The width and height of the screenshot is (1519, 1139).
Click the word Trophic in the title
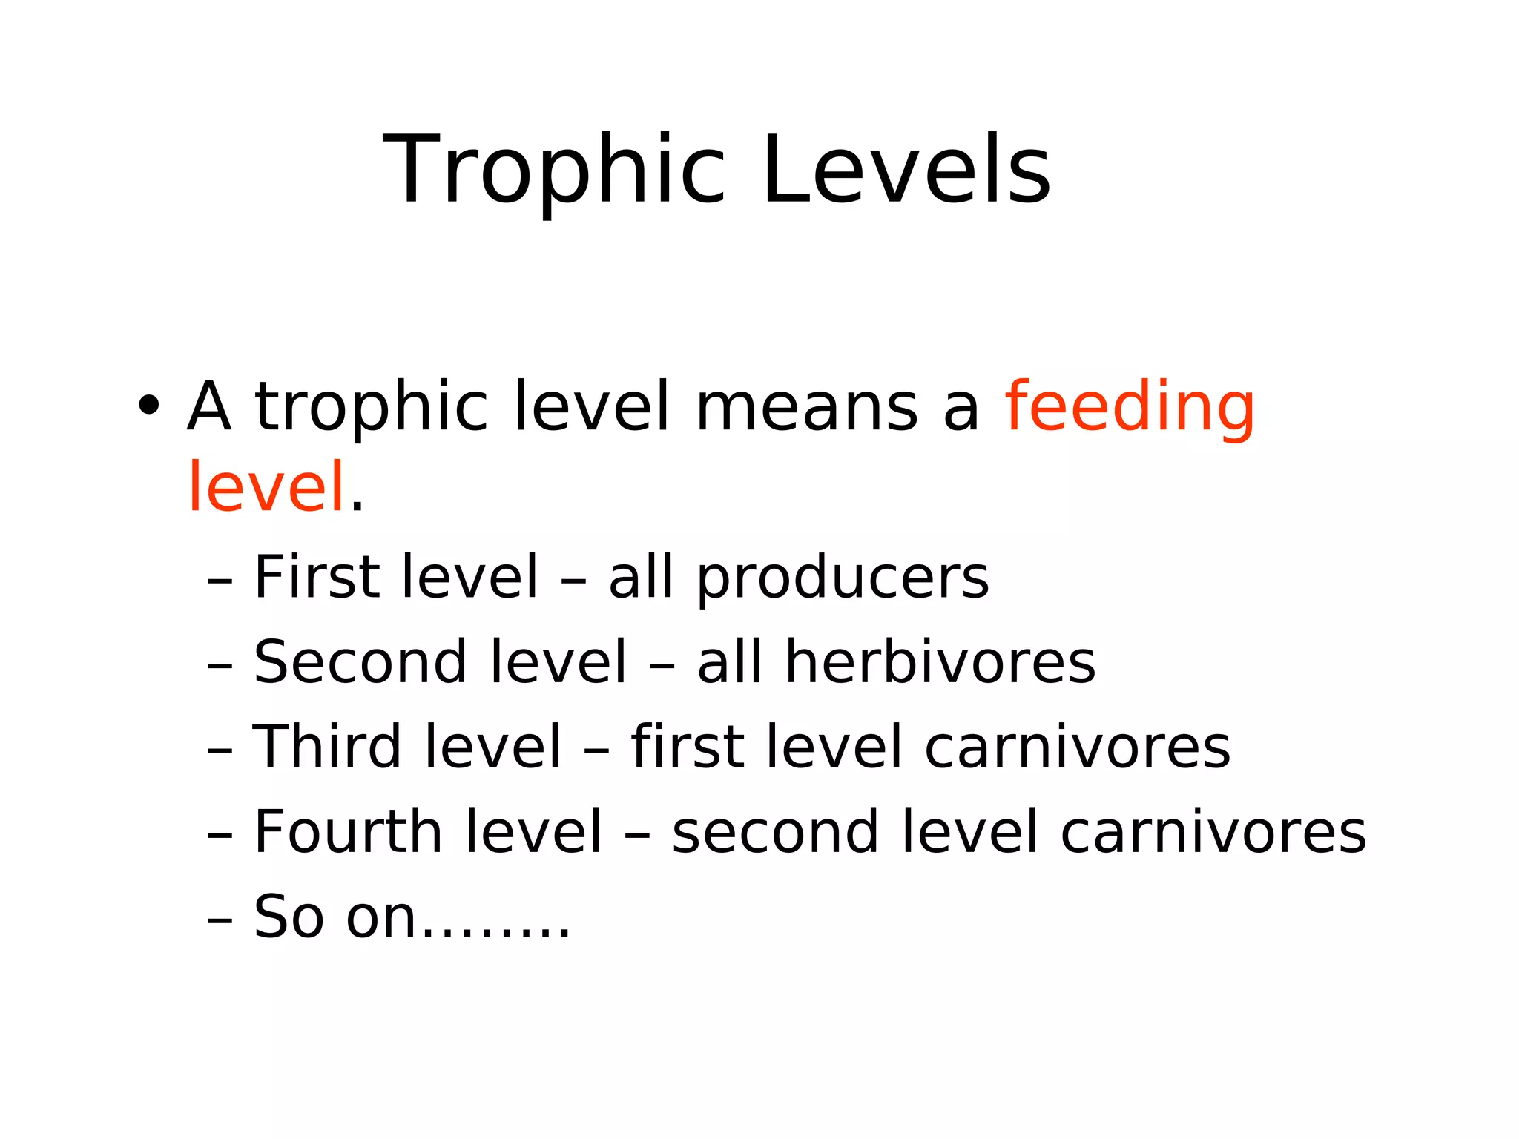coord(553,171)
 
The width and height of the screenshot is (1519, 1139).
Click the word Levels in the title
coord(906,171)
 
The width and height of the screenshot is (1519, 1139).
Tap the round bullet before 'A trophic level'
coord(149,406)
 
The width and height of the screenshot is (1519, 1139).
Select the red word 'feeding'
coord(1130,407)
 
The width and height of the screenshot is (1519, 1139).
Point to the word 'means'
coord(806,407)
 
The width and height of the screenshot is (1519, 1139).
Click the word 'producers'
coord(843,578)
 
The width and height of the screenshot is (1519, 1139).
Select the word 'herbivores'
coord(940,661)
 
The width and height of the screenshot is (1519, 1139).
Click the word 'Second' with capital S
coord(359,661)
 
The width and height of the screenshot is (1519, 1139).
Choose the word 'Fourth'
coord(348,831)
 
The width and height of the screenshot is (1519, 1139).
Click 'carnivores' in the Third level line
coord(1077,747)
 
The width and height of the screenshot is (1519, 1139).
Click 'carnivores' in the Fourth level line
coord(1213,832)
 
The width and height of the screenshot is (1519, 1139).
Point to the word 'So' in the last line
coord(289,917)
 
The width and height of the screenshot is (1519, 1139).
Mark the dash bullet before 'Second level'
coord(220,665)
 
